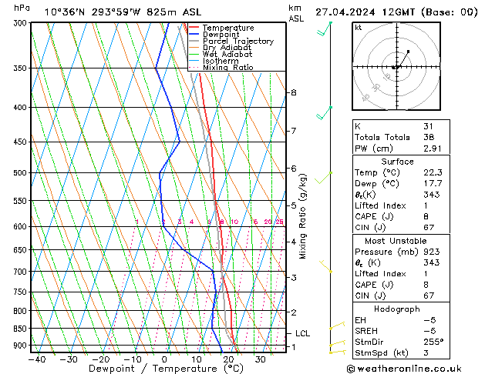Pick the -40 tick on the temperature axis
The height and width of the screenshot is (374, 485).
click(x=35, y=359)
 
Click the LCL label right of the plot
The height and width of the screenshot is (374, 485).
click(x=302, y=333)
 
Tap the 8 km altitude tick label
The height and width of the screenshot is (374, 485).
click(x=293, y=92)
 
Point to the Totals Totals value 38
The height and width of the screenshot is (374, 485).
click(x=429, y=137)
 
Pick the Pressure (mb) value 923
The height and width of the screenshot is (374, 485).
click(x=431, y=252)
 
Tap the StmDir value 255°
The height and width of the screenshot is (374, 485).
click(x=434, y=342)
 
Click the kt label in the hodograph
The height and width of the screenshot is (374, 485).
click(x=358, y=28)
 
